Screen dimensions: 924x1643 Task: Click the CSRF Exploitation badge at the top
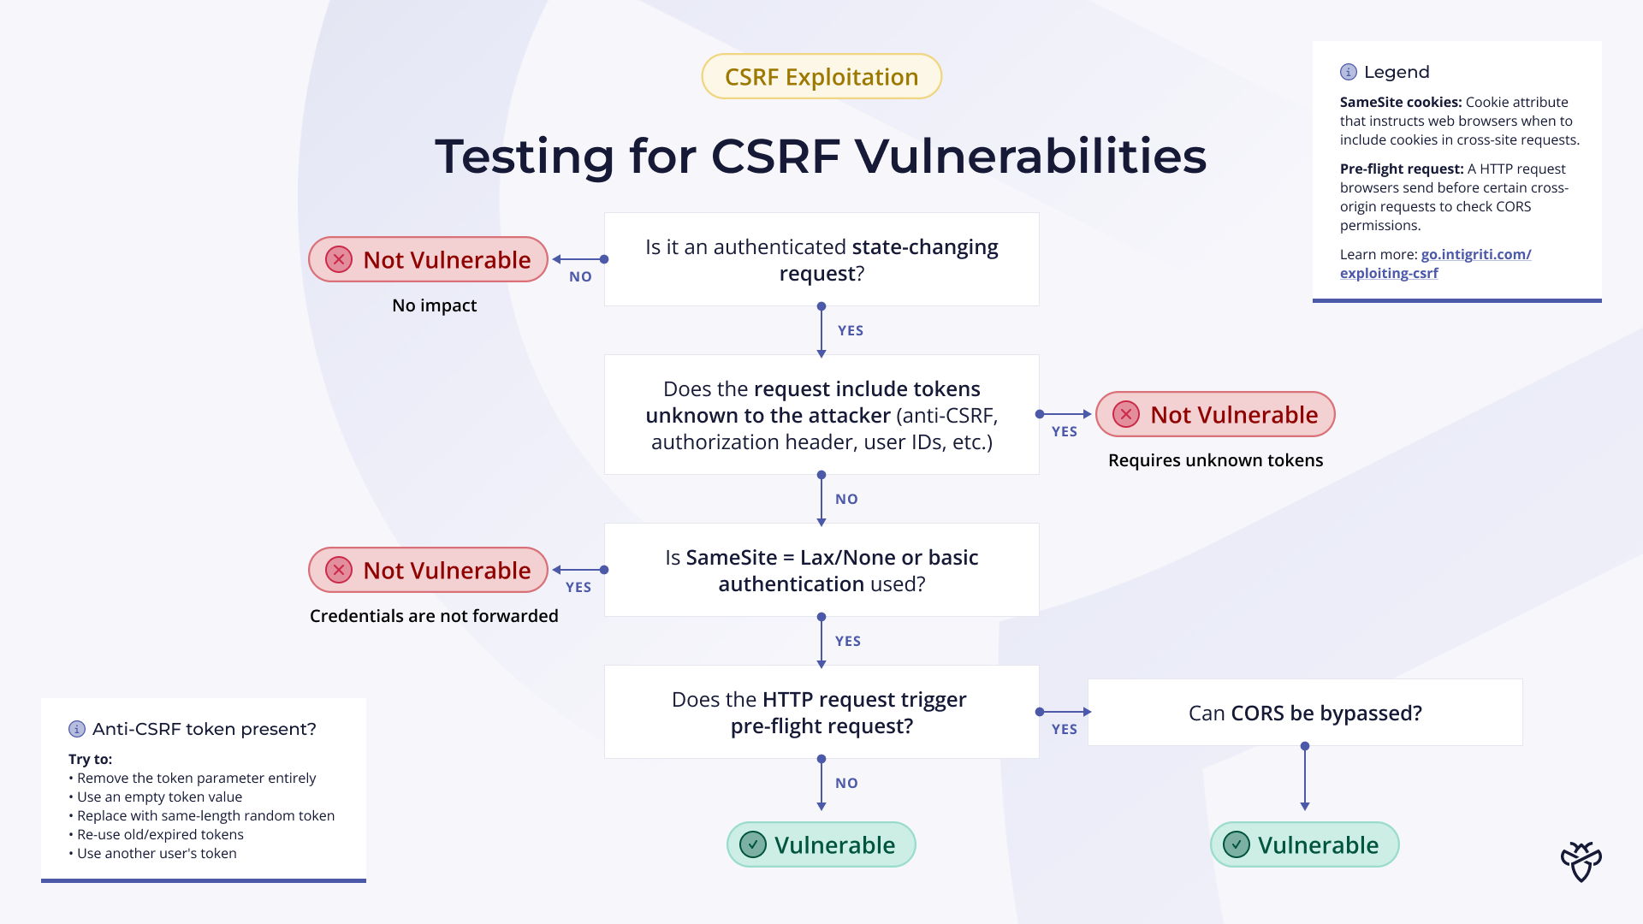coord(821,77)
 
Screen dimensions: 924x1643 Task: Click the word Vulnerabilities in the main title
coord(1030,157)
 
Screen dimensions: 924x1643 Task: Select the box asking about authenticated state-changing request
coord(821,259)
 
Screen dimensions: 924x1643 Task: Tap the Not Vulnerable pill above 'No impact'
coord(428,259)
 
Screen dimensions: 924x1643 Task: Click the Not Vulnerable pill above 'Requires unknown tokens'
coord(1215,415)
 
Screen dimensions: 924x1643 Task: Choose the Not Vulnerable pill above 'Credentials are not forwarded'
coord(428,570)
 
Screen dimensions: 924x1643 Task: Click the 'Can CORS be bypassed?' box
coord(1305,713)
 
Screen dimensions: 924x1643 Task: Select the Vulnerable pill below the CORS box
coord(1305,845)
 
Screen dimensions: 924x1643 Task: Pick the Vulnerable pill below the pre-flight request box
coord(821,845)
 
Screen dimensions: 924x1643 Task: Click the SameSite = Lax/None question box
coord(821,570)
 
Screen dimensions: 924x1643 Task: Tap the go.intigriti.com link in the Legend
coord(1475,255)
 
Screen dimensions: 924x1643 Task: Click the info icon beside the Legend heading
coord(1349,72)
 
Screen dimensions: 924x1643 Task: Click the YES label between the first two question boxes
coord(850,331)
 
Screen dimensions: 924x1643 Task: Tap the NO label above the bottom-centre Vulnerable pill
coord(846,783)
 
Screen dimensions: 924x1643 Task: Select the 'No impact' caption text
coord(434,305)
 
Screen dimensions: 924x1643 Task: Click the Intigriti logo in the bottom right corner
coord(1581,862)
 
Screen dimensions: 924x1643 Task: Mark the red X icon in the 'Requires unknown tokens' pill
coord(1126,415)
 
